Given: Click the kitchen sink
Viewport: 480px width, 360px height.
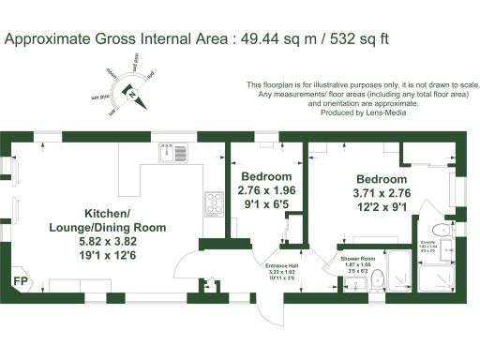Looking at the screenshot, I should coord(174,152).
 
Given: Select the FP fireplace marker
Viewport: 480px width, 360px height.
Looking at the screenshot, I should coord(19,279).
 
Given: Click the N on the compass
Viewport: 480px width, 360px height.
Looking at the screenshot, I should coord(133,93).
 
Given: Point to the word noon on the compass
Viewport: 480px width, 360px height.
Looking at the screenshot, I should coord(112,74).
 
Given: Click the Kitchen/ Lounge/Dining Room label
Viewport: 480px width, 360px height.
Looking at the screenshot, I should coord(111,220).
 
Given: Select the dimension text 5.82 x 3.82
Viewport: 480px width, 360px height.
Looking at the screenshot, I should coord(111,240).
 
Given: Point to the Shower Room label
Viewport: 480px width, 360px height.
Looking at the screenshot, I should coord(357,258).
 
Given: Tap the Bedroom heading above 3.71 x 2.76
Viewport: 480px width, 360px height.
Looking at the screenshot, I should coord(382,179).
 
